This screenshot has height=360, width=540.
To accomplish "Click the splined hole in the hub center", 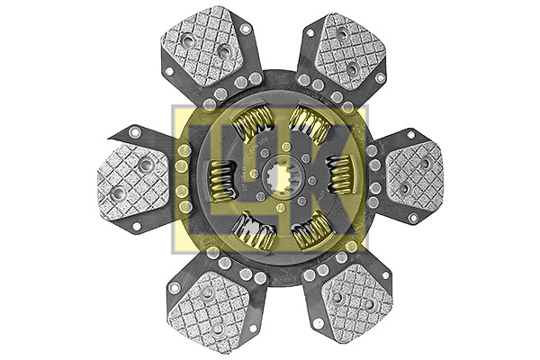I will click(274, 175).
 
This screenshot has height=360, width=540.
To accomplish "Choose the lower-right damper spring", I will click(310, 227).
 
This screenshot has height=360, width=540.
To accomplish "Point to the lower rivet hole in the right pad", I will click(403, 188).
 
